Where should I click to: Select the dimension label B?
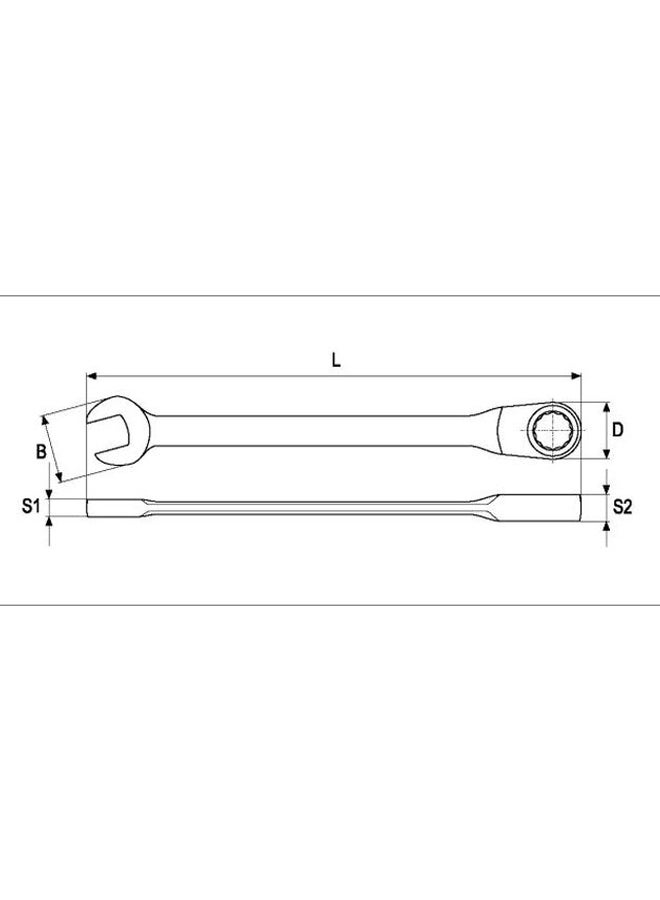coord(41,452)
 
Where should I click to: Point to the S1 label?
coord(30,507)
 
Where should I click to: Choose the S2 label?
coord(622,507)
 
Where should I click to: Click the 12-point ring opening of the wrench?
coord(548,431)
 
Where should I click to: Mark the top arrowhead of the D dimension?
coord(606,406)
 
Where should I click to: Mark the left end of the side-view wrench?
coord(91,507)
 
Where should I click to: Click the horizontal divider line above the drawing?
coord(330,296)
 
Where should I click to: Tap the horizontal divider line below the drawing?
coord(330,604)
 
